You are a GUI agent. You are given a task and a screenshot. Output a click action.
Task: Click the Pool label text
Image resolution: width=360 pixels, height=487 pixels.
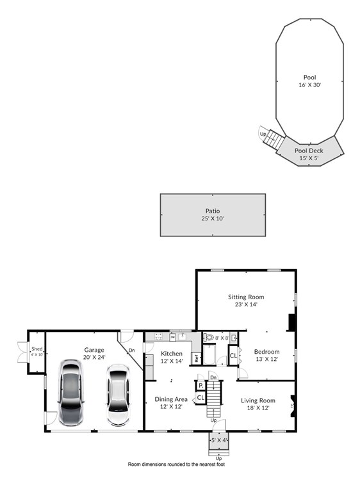[x=309, y=77]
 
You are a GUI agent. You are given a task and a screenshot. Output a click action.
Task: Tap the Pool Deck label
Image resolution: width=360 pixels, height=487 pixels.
[x=309, y=151]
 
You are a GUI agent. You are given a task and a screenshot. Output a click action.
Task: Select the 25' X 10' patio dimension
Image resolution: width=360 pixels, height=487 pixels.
[x=212, y=219]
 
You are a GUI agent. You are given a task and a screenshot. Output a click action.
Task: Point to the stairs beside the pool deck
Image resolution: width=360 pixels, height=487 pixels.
[x=274, y=138]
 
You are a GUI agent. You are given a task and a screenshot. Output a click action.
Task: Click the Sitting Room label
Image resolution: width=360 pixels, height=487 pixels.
[x=246, y=297]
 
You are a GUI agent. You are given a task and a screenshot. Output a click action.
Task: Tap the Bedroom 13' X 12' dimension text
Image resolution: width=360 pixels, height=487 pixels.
[x=266, y=360]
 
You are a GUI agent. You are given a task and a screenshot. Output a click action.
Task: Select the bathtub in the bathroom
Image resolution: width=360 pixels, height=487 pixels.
[x=211, y=354]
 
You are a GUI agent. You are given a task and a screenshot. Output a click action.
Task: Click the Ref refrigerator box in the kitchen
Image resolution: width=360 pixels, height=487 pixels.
[x=197, y=358]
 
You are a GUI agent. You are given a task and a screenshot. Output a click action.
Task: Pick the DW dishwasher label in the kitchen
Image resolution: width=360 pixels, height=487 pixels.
[x=172, y=336]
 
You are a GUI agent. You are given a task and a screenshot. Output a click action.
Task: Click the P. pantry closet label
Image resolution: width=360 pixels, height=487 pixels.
[x=200, y=385]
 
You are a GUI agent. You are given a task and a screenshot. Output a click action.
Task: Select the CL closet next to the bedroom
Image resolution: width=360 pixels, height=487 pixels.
[x=233, y=354]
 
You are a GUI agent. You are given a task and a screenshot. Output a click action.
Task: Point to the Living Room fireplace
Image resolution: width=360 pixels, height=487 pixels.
[x=293, y=405]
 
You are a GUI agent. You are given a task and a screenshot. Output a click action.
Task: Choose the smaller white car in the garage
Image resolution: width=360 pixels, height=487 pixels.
[x=117, y=395]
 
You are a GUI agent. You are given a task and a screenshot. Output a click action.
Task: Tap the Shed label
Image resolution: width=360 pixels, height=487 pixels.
[x=37, y=349]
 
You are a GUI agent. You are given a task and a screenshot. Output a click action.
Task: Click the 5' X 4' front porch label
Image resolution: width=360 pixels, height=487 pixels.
[x=219, y=440]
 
